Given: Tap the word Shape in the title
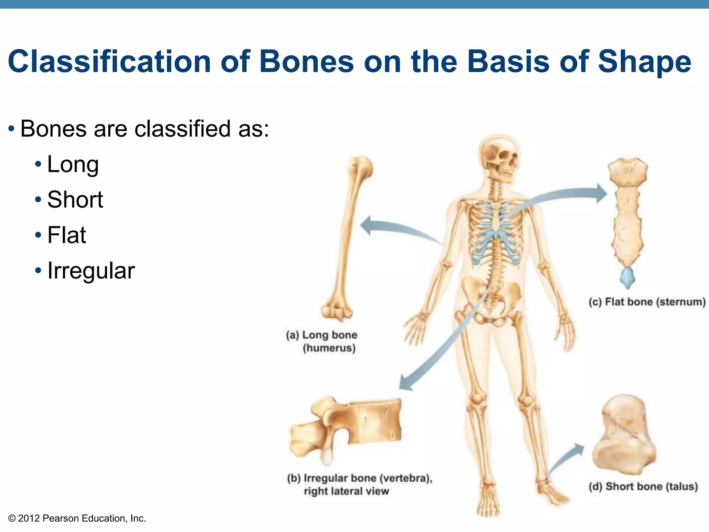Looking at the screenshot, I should point(644,62).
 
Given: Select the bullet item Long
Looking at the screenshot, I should point(73,164).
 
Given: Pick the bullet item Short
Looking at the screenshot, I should point(75,200).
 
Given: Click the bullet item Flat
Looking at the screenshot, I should point(66,235).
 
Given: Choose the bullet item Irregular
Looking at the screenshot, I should point(91,271).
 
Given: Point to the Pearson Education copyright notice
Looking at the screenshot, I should point(77,518).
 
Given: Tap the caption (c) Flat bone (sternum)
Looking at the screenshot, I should point(647,302).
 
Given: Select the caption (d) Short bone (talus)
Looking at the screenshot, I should point(643,487).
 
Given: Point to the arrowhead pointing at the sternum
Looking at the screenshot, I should point(601,193).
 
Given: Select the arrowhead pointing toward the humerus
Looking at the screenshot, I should point(366,225).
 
